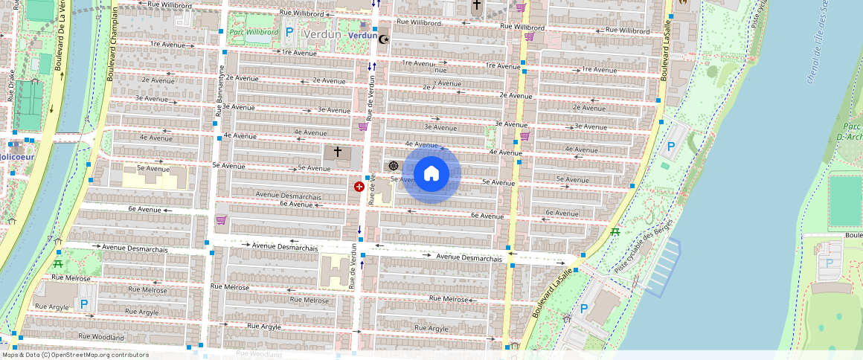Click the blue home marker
[x=431, y=174]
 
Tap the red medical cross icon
[x=359, y=187]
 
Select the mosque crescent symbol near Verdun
[x=384, y=39]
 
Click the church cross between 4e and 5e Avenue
[x=338, y=152]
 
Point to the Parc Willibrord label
[x=254, y=33]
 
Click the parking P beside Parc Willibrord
[x=289, y=33]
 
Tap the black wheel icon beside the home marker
[x=394, y=166]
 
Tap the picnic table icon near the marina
[x=615, y=232]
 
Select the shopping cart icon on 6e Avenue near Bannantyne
[x=221, y=220]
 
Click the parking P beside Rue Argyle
[x=84, y=303]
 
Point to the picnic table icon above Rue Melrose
[x=58, y=263]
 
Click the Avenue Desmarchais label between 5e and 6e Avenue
[x=289, y=196]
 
